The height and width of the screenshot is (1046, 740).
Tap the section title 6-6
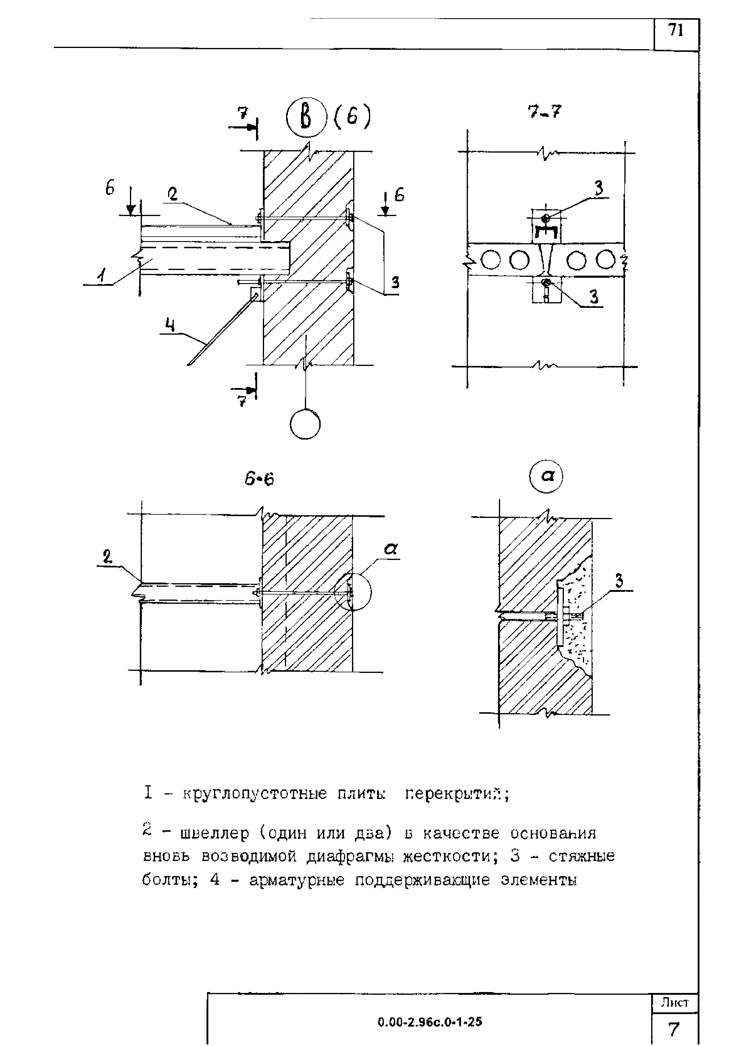[259, 479]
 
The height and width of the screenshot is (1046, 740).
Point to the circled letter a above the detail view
[546, 477]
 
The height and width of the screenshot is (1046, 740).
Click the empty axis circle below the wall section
[305, 424]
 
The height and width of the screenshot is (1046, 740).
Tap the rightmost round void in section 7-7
[605, 260]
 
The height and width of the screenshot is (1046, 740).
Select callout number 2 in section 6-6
[108, 557]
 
